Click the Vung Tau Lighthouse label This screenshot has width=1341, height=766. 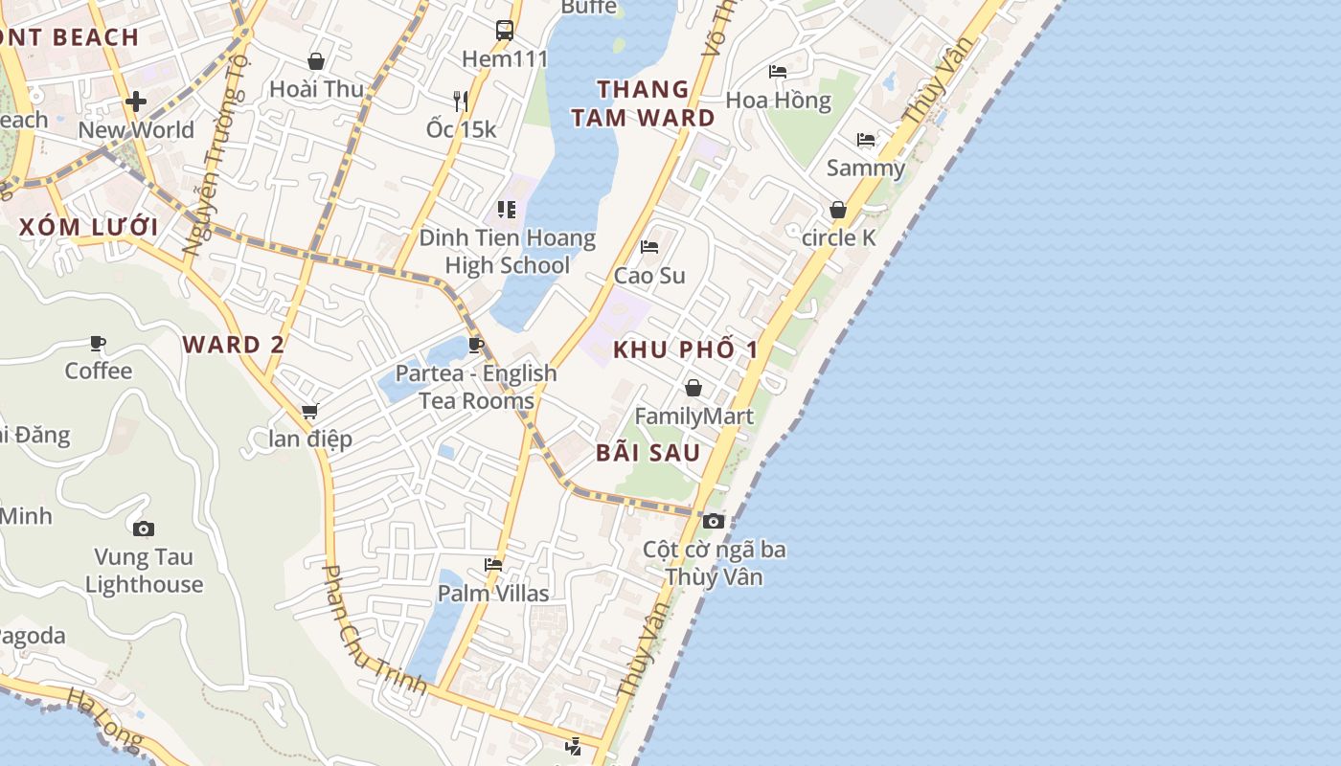(145, 571)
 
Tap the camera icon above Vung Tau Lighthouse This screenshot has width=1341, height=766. (144, 529)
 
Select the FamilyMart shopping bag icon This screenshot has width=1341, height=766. (693, 388)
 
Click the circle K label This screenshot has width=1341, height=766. (838, 237)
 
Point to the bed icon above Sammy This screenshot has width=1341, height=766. (866, 140)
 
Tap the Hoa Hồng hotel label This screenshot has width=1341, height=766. (778, 100)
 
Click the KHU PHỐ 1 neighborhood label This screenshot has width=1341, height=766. (686, 349)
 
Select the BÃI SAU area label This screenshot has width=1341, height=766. (648, 453)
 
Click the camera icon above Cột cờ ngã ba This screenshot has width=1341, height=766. (714, 521)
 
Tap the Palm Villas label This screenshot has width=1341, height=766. (493, 594)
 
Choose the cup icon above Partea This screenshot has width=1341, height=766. (476, 345)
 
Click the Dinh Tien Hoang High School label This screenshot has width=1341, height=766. (507, 252)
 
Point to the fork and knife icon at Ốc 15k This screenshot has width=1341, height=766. (461, 101)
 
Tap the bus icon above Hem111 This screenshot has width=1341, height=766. (505, 31)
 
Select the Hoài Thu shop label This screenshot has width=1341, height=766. (316, 89)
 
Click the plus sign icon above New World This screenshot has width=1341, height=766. (136, 101)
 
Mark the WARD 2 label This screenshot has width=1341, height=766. (234, 345)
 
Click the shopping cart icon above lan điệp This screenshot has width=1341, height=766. (309, 411)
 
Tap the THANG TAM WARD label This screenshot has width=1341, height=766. (644, 103)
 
